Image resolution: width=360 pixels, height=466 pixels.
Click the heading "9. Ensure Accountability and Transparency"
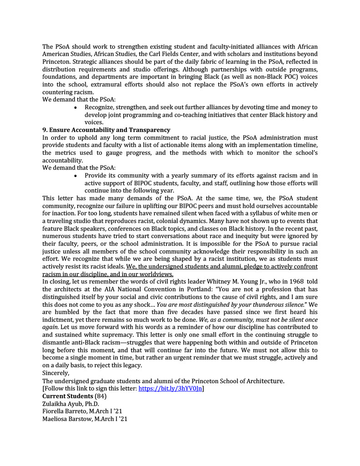pos(106,130)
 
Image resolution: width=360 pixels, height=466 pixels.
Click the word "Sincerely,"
pos(56,373)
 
